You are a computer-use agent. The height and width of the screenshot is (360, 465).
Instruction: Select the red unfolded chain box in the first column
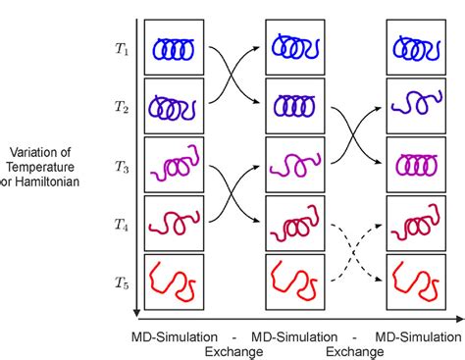(x=174, y=281)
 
